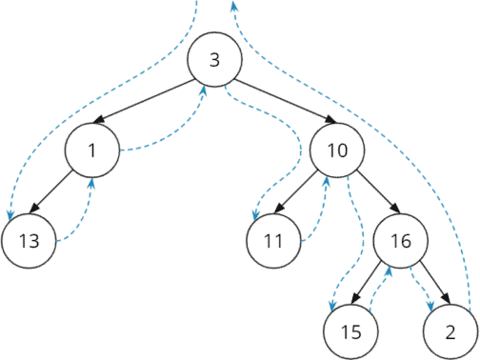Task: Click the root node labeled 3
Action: [x=214, y=59]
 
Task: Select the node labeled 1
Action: [x=92, y=151]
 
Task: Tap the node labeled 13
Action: [x=30, y=240]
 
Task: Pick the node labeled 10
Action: [x=336, y=151]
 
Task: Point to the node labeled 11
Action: [x=274, y=240]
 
